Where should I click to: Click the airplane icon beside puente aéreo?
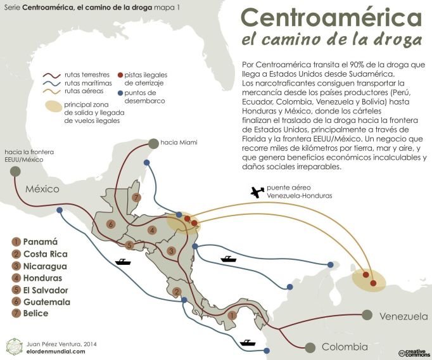click(x=257, y=191)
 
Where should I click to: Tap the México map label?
click(x=42, y=189)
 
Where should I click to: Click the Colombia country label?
click(x=345, y=347)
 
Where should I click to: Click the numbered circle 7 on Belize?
click(x=136, y=197)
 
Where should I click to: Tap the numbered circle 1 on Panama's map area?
click(x=232, y=315)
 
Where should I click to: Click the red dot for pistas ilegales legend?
click(x=120, y=75)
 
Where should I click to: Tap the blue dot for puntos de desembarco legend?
click(x=120, y=93)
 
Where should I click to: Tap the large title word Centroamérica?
click(x=332, y=18)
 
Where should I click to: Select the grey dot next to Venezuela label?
click(x=367, y=314)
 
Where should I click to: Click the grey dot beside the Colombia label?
click(x=310, y=347)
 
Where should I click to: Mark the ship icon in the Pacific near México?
click(x=122, y=261)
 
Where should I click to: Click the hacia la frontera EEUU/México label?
click(x=28, y=156)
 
